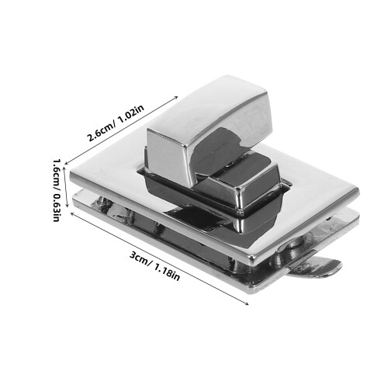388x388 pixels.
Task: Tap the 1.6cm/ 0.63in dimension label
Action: (x=57, y=190)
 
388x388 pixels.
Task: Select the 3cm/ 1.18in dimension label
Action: (x=154, y=266)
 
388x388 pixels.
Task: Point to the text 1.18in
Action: (x=167, y=273)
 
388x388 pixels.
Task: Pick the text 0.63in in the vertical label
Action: (x=57, y=208)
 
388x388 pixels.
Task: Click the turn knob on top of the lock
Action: (x=208, y=130)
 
